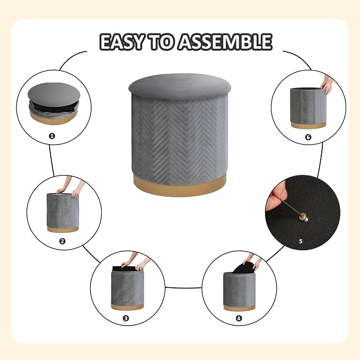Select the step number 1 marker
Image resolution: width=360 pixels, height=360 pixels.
(x=52, y=136)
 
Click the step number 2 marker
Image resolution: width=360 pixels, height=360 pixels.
(x=62, y=241)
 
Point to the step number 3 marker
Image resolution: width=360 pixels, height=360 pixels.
(x=126, y=318)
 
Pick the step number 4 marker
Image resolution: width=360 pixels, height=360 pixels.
(x=239, y=318)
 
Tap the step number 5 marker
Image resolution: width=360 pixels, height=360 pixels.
(x=301, y=241)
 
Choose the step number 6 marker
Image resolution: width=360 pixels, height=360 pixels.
(x=308, y=137)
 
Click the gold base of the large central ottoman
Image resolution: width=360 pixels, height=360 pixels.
(x=180, y=186)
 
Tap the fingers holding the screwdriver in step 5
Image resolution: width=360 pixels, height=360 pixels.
(x=276, y=197)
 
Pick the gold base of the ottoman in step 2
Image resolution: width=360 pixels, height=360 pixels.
(x=63, y=229)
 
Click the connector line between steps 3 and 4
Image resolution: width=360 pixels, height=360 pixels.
(x=183, y=287)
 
